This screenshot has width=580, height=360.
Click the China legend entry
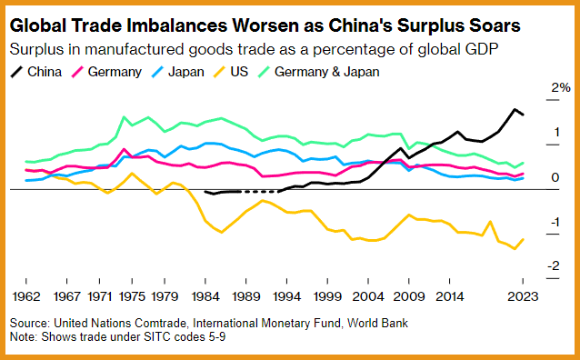[35, 72]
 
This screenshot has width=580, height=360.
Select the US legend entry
[230, 72]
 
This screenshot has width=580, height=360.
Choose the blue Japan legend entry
[177, 72]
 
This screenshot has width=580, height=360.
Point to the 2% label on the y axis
[561, 87]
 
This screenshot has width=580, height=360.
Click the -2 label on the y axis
[554, 265]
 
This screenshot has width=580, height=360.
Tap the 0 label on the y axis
[555, 177]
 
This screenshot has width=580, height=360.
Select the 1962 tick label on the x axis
[25, 296]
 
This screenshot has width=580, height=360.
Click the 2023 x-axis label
[523, 296]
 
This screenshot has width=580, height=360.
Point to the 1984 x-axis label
[205, 296]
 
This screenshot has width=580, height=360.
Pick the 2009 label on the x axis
[409, 296]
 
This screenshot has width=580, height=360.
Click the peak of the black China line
[515, 109]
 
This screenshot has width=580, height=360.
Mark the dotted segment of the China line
[260, 192]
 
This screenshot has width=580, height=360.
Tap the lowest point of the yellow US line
[515, 249]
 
